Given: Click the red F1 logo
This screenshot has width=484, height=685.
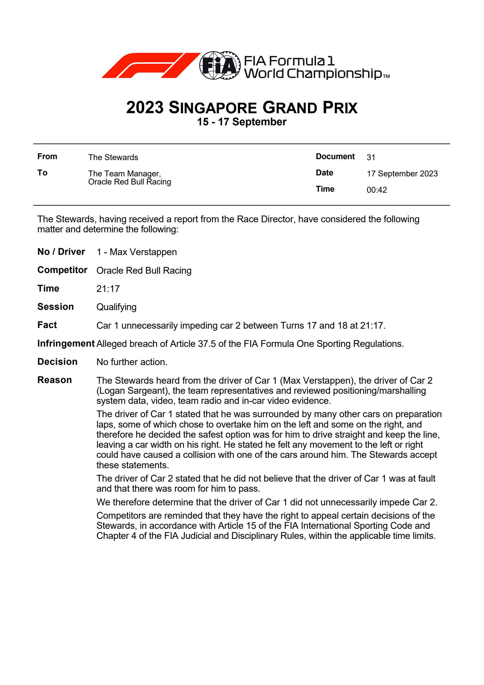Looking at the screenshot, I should (150, 65).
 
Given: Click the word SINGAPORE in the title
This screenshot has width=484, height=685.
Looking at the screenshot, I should (213, 108).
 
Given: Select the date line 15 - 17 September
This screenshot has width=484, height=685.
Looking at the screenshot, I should (242, 122).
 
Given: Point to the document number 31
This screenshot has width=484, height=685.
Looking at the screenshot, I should (371, 158).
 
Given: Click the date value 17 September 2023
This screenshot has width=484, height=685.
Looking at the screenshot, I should (402, 174).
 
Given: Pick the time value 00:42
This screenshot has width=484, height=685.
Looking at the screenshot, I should (377, 190).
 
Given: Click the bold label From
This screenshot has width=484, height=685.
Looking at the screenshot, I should (47, 157).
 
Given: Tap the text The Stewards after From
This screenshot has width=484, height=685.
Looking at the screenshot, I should (113, 158).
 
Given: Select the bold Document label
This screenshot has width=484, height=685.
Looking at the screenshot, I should (335, 157).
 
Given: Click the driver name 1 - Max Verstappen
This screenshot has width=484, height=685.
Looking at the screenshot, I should (136, 252).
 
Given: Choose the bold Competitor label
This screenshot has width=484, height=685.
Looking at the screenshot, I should (62, 270).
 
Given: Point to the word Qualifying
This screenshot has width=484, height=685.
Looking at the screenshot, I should (116, 307).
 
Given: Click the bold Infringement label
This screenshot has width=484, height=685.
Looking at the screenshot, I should (66, 344).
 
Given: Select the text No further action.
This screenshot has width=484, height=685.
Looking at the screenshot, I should (132, 362).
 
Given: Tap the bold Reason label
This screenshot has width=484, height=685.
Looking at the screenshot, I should (54, 380).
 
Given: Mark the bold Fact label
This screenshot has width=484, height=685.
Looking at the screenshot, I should (47, 325).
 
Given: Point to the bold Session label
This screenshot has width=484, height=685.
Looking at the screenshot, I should (55, 307).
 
